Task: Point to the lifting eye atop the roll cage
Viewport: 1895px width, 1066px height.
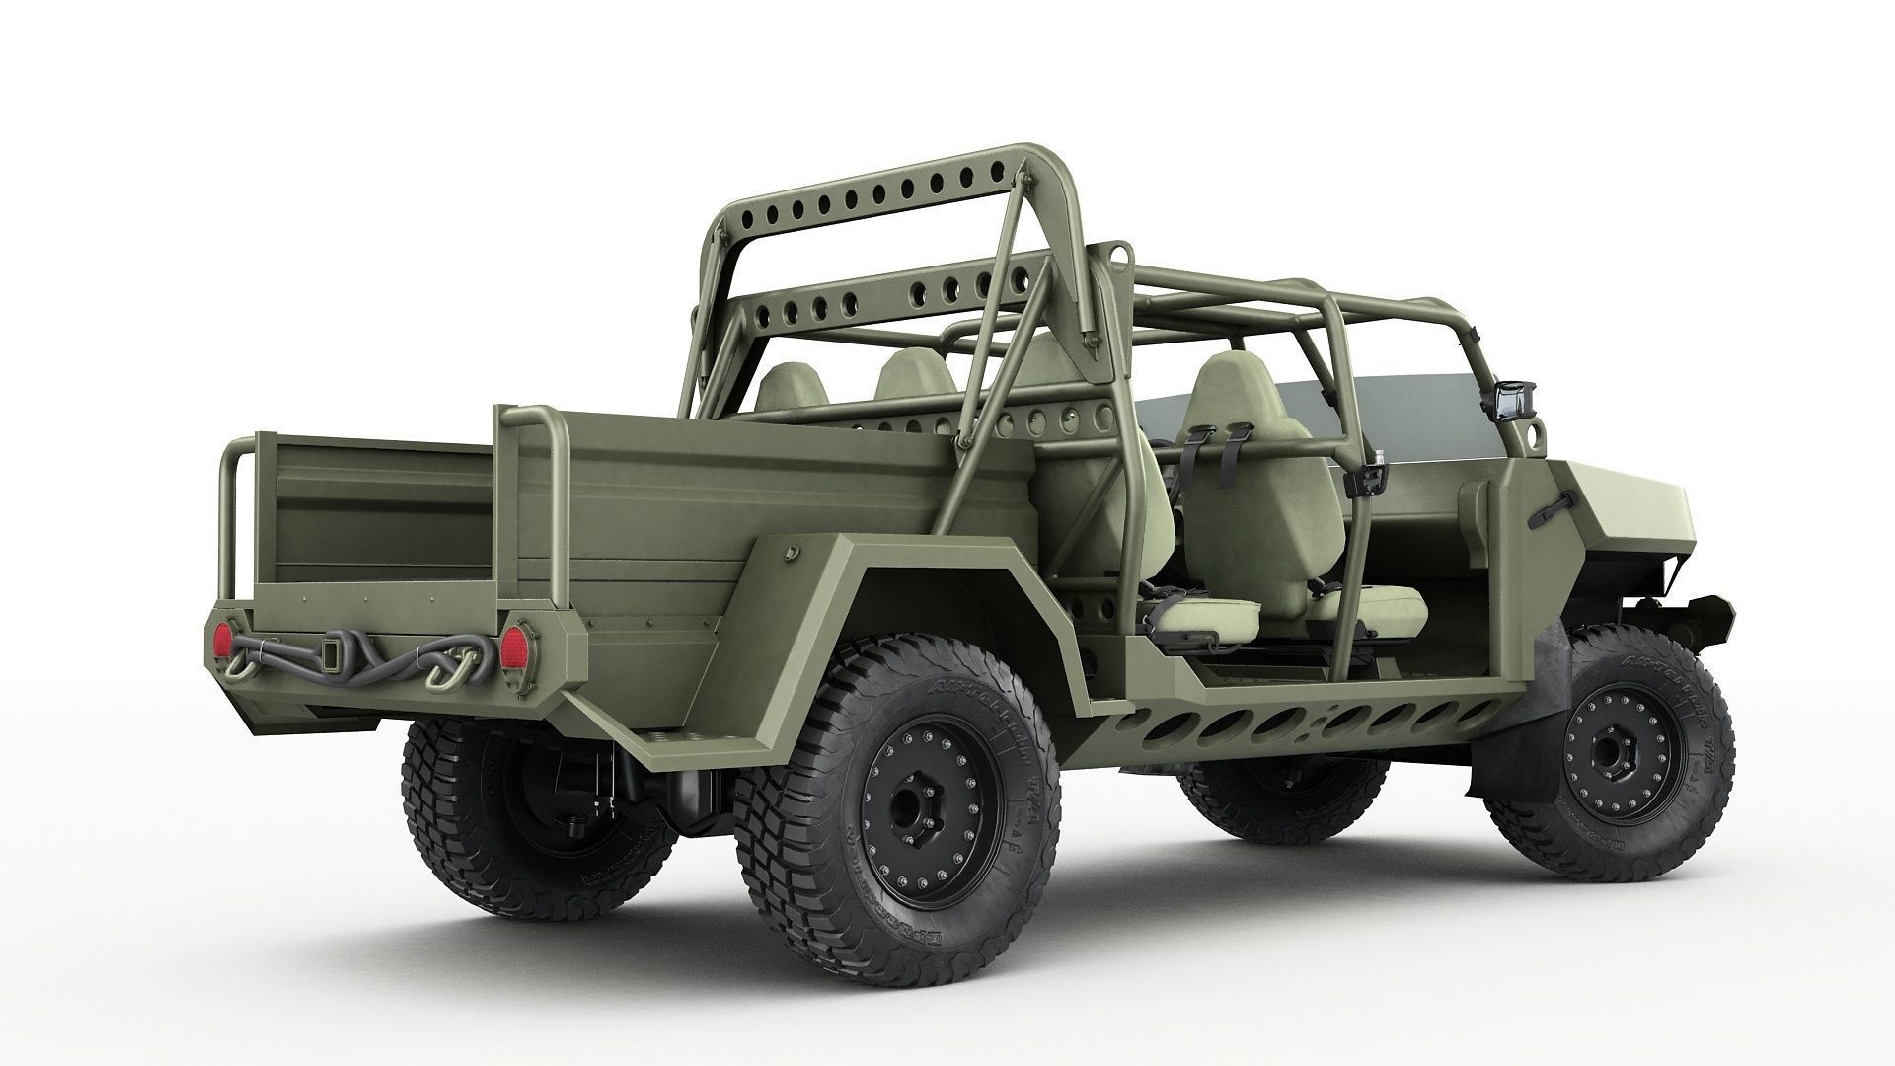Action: pyautogui.click(x=1118, y=254)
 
